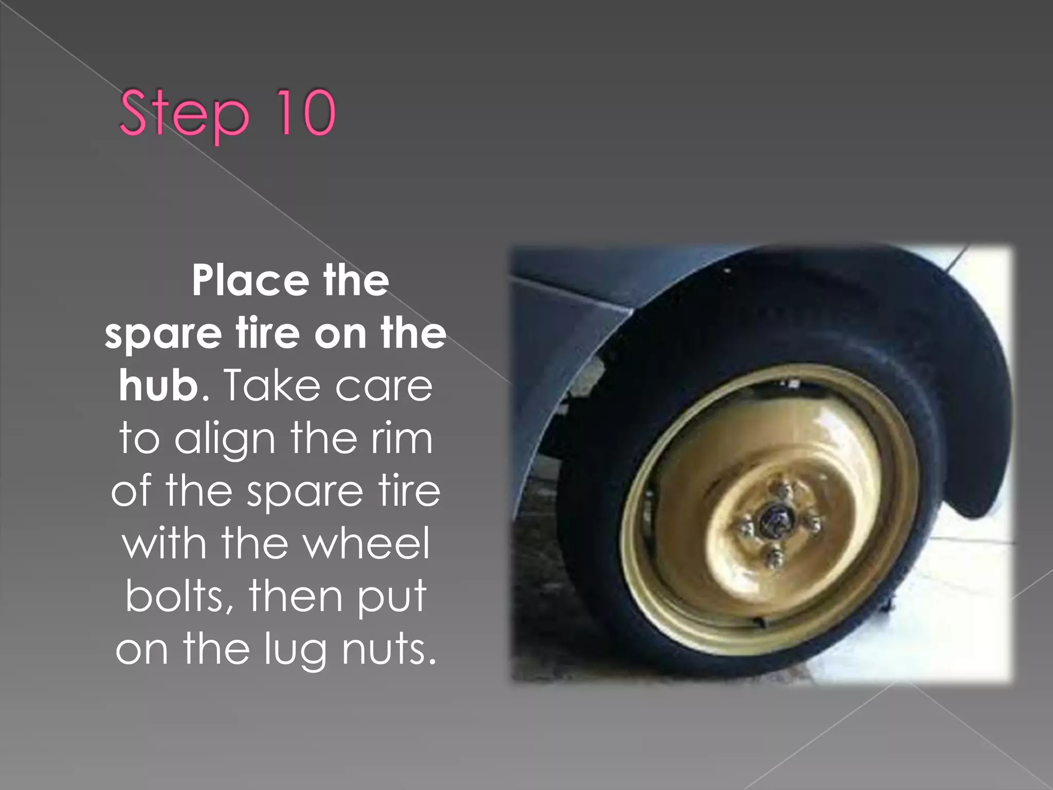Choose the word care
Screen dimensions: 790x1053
[384, 387]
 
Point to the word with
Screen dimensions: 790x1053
[164, 544]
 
